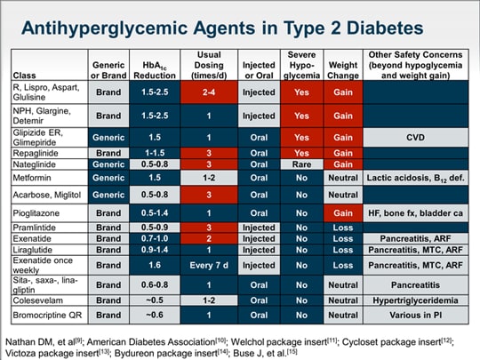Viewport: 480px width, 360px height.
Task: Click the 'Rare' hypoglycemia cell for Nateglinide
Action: [300, 164]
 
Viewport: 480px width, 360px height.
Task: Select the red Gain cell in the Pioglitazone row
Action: [342, 213]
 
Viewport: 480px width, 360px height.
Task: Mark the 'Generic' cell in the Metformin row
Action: [108, 178]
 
